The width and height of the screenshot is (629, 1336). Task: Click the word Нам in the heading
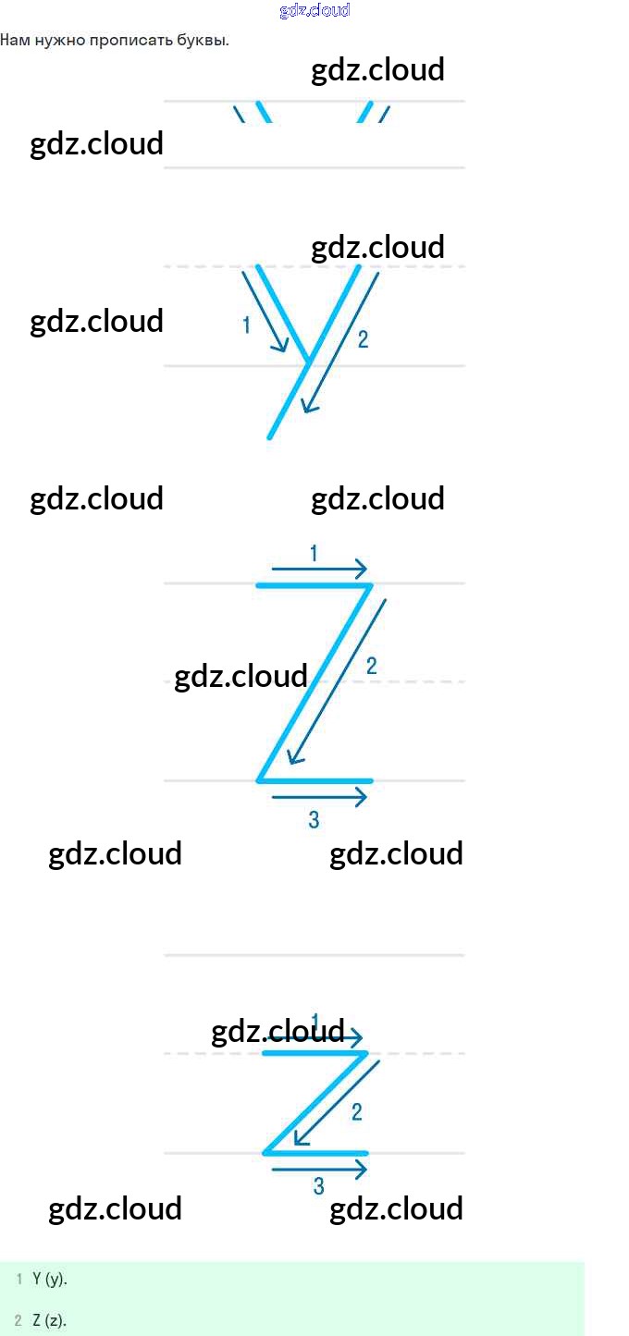(14, 41)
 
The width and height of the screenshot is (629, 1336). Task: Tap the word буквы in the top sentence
(203, 41)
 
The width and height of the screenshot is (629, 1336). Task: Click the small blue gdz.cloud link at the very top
(314, 11)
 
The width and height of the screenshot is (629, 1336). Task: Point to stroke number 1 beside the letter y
(246, 325)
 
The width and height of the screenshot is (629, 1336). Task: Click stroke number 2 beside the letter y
(363, 339)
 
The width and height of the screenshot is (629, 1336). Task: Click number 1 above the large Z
(314, 554)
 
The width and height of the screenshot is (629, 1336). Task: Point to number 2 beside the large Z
(371, 666)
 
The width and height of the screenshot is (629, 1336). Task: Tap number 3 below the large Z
(314, 819)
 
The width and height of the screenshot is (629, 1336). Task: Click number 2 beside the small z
(357, 1112)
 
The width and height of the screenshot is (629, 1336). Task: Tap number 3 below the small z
(319, 1186)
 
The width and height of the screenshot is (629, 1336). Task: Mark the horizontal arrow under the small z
(319, 1170)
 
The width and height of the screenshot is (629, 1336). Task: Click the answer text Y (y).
(50, 1280)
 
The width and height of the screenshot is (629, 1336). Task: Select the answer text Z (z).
(49, 1320)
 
